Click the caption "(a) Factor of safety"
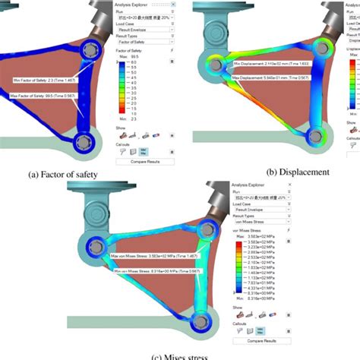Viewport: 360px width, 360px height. coord(66,174)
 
